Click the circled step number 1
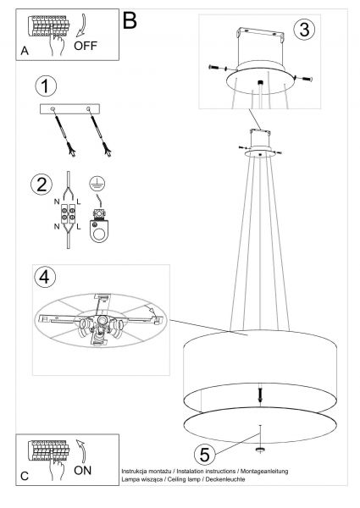click(x=46, y=86)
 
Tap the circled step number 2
click(x=42, y=185)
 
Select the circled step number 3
click(x=304, y=30)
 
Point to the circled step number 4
click(x=44, y=278)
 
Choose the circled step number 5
click(x=205, y=454)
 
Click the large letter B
click(x=130, y=20)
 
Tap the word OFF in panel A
click(x=86, y=46)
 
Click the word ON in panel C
click(x=83, y=471)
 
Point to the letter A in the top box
click(x=25, y=51)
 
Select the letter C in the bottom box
click(x=25, y=476)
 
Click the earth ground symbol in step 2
click(x=97, y=184)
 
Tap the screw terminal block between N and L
click(x=69, y=214)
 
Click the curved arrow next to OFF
click(x=82, y=25)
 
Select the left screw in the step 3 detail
click(x=218, y=68)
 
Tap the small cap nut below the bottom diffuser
click(x=260, y=450)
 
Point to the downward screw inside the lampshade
click(x=259, y=394)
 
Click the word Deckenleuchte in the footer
click(x=225, y=479)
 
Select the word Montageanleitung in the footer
click(x=264, y=471)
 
